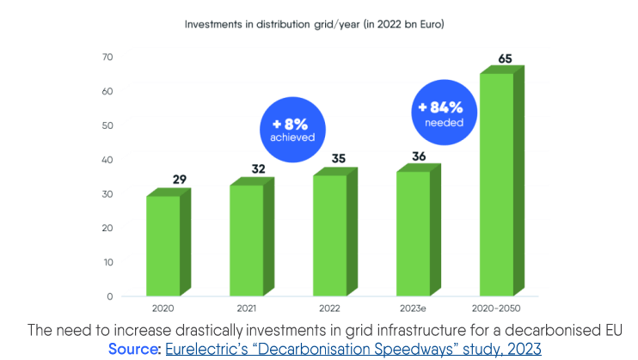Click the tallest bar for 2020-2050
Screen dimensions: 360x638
click(496, 184)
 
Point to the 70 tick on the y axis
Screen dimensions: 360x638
click(107, 57)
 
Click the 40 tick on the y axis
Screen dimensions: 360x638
click(107, 160)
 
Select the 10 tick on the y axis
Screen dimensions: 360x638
click(107, 262)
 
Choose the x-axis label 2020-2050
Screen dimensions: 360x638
click(496, 308)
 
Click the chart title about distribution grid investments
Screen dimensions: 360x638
click(314, 24)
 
